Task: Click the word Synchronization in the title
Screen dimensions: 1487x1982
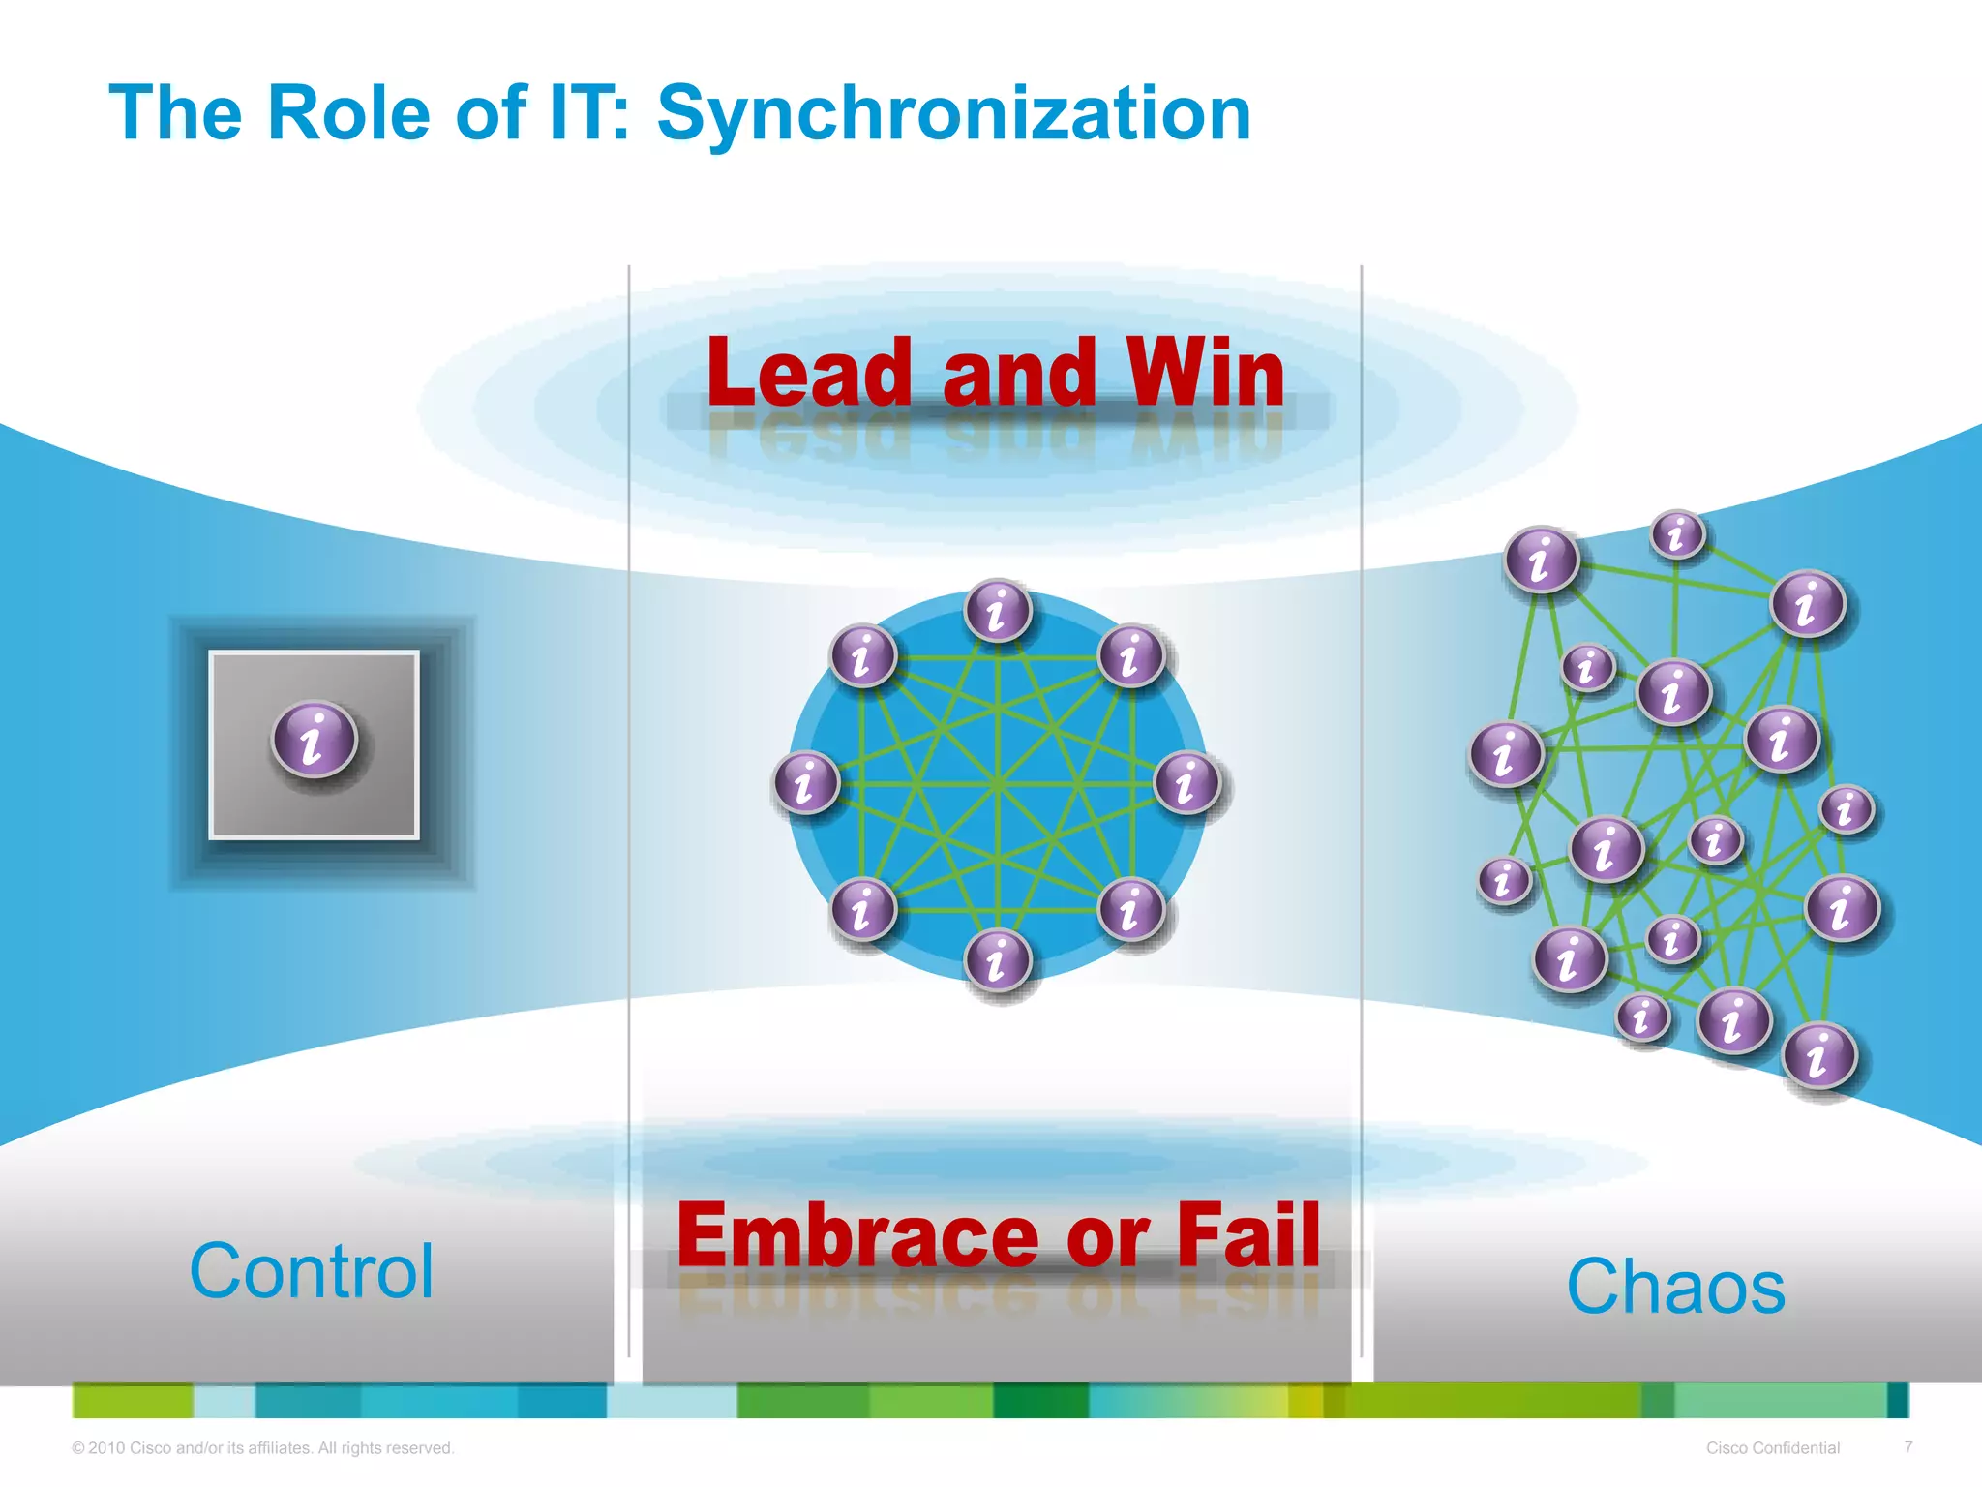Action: (953, 114)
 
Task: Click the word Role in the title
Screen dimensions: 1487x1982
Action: (347, 114)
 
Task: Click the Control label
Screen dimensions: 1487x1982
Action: (312, 1271)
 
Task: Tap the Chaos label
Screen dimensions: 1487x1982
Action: (1675, 1287)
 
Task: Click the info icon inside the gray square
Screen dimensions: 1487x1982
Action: (315, 740)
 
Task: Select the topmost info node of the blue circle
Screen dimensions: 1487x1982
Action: (998, 611)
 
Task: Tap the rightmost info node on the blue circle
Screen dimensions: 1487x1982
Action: (1187, 782)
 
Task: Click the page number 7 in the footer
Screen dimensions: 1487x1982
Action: (1907, 1446)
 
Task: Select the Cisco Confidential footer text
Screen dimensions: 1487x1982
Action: (1772, 1448)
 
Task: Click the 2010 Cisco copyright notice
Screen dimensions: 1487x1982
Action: (262, 1448)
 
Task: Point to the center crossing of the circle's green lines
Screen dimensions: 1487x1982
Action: (998, 784)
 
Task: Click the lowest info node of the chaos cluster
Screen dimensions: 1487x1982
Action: (1819, 1055)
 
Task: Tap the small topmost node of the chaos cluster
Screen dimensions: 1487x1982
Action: (1677, 534)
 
